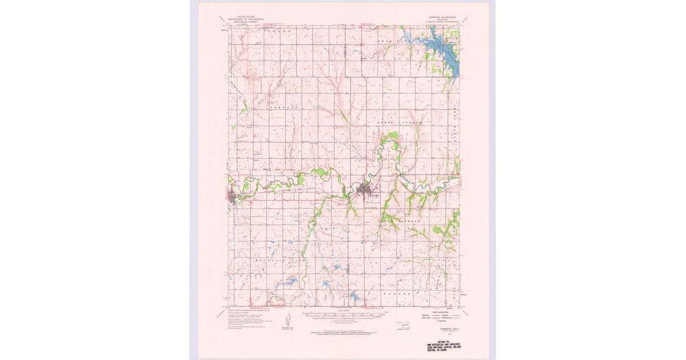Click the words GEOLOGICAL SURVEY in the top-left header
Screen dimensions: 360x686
(239, 22)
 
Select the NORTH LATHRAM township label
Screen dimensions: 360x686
(400, 123)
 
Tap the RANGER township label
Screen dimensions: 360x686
(397, 293)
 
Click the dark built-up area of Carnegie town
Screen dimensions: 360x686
(365, 190)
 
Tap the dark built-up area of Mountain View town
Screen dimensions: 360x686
(233, 198)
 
